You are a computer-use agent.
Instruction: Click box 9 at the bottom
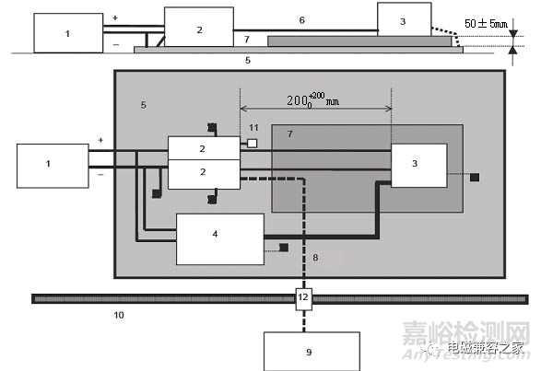pos(312,352)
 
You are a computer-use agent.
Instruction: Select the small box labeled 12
pos(303,299)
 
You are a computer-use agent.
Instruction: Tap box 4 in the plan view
pos(220,239)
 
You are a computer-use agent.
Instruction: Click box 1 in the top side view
pos(68,33)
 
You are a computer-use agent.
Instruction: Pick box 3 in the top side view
pos(405,19)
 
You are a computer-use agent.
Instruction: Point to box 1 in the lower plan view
pos(53,166)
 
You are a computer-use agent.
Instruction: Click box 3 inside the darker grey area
pos(418,166)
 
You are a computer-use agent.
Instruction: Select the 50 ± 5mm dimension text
pos(486,23)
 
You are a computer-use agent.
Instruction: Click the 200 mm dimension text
pos(312,100)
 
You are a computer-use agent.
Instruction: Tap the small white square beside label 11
pos(253,143)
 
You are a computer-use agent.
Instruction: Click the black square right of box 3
pos(475,178)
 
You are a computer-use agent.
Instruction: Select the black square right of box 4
pos(284,248)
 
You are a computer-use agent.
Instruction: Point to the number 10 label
pos(119,315)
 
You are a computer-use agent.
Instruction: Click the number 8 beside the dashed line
pos(315,257)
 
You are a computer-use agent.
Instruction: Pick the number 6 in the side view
pos(302,20)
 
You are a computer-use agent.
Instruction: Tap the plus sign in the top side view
pos(115,17)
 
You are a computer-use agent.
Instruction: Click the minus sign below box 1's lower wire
pos(100,175)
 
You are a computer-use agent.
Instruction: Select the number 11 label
pos(253,128)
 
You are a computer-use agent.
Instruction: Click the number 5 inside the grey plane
pos(144,105)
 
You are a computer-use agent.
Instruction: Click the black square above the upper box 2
pos(212,128)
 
